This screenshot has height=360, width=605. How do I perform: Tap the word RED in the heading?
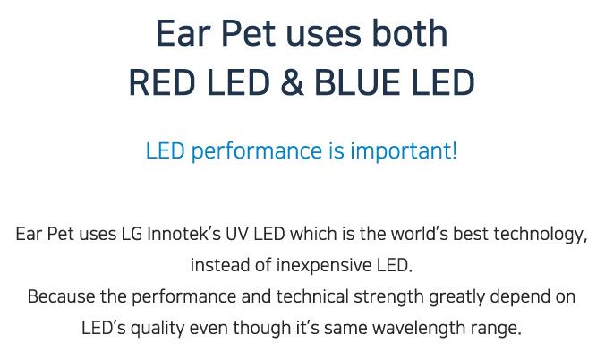coord(162,82)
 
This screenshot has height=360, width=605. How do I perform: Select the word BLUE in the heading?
coord(357,82)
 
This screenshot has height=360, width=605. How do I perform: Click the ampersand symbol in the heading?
coord(293,82)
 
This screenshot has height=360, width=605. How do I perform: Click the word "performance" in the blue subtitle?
coord(257,151)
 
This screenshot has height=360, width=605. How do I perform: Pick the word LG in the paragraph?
coord(132,234)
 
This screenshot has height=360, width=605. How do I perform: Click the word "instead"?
coord(219,265)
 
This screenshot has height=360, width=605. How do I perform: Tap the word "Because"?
coord(62,296)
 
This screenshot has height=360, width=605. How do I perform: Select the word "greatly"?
coord(456,297)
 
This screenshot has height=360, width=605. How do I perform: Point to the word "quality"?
coord(158,329)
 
